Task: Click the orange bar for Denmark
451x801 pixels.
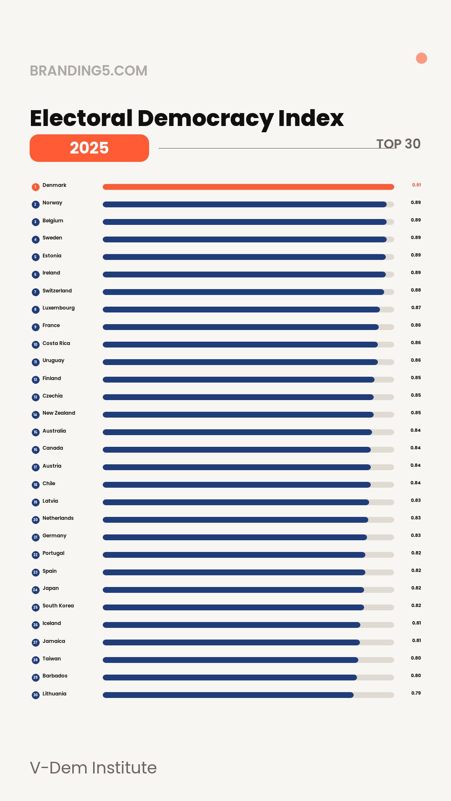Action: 248,187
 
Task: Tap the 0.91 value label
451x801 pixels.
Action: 416,185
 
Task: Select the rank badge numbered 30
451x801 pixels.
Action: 35,695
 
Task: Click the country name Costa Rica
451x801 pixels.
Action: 56,343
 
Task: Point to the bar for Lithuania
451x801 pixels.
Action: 228,695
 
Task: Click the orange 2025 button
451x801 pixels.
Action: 89,148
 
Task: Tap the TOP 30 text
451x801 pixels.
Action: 398,144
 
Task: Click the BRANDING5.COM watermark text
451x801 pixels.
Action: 89,71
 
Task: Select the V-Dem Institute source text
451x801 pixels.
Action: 93,768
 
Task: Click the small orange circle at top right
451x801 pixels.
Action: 421,58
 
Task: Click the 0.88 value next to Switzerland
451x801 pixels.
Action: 416,290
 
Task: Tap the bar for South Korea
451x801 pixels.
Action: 233,607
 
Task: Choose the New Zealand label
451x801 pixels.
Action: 59,413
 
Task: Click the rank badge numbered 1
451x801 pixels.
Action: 35,187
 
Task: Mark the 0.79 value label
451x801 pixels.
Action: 416,693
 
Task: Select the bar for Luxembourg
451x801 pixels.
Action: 241,310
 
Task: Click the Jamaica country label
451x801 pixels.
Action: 54,641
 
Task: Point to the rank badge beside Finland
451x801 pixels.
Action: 35,380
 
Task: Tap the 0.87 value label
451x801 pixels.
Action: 416,307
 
